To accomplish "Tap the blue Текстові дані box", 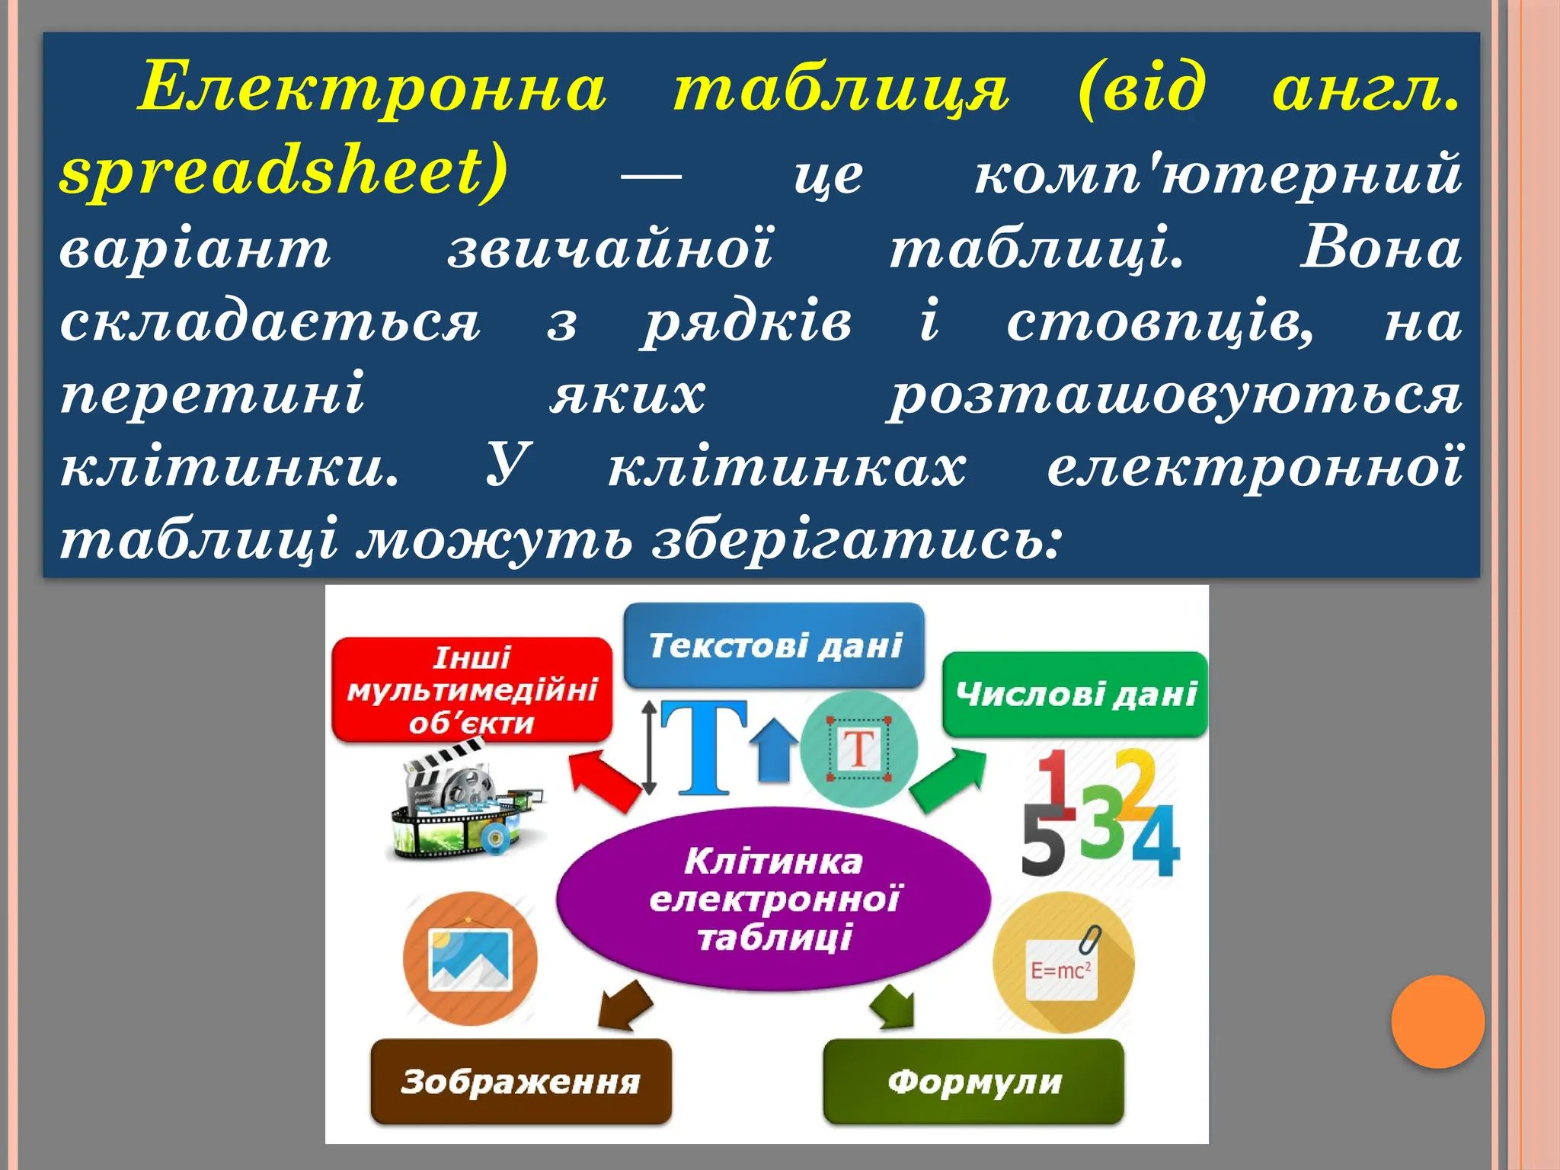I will point(774,645).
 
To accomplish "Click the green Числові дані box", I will point(1075,694).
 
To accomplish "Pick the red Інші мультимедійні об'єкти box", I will point(472,689).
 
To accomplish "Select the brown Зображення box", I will point(521,1081).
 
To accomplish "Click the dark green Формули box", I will point(973,1081).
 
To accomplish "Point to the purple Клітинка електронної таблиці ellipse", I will point(773,899).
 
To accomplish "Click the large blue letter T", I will point(702,747).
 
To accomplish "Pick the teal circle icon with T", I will point(859,750).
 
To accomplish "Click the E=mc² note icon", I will point(1063,964).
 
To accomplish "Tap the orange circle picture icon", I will point(470,958).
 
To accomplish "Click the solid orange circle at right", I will point(1437,1021).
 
